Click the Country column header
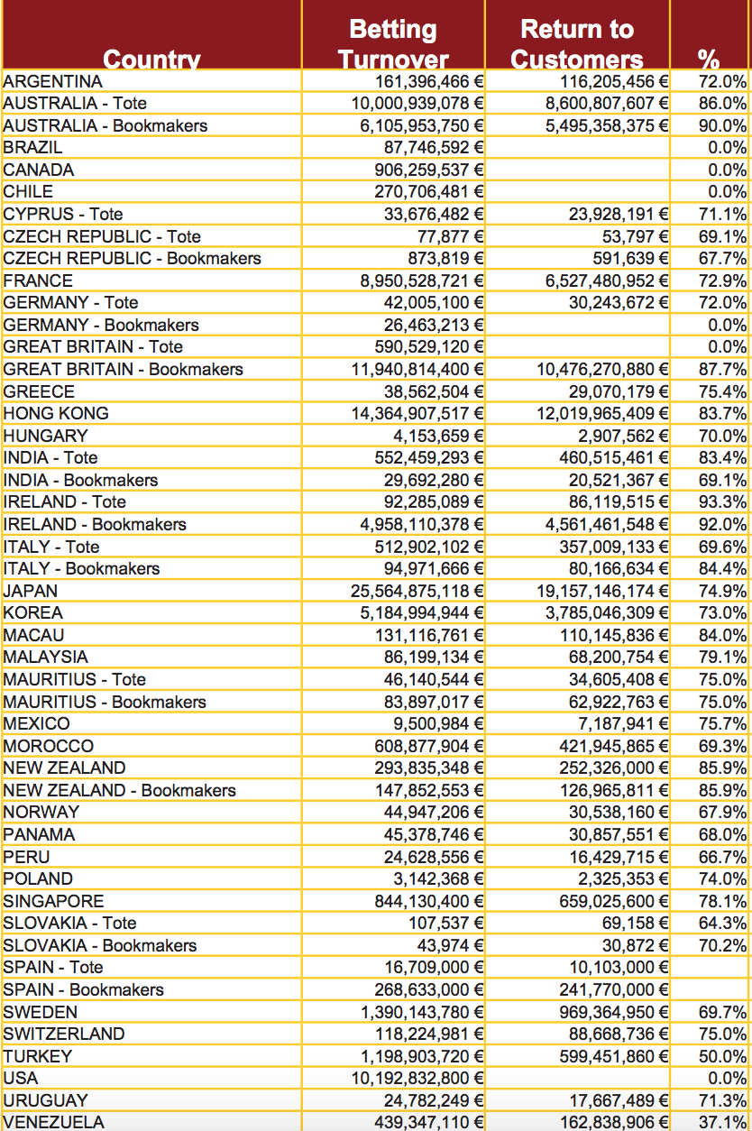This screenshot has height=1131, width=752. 151,59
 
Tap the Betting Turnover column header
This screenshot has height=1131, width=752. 393,43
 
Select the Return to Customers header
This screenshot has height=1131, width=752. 577,43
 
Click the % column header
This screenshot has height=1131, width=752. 709,60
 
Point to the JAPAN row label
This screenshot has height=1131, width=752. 31,591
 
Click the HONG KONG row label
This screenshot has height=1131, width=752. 56,413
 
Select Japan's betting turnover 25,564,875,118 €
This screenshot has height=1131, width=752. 417,591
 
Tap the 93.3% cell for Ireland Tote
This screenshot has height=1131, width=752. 722,501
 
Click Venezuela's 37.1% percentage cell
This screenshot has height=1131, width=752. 722,1122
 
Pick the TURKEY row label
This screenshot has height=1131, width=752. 38,1055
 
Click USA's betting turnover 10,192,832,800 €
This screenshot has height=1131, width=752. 417,1078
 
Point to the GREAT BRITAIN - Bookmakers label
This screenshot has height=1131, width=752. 124,369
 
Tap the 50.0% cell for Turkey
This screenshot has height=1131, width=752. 722,1055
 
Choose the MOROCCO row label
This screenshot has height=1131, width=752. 49,746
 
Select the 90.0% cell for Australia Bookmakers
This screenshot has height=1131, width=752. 722,125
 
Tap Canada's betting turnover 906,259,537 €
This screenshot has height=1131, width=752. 428,170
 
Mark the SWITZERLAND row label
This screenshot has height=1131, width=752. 64,1034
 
